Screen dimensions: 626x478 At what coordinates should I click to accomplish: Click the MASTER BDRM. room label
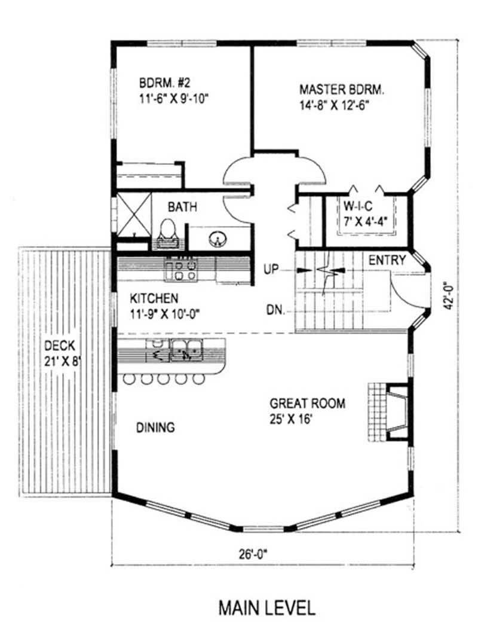coord(342,90)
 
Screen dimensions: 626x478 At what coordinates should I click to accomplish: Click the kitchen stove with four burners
coord(182,270)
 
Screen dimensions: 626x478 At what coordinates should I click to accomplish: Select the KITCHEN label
coord(154,297)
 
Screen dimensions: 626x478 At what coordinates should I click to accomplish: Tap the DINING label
coord(155,427)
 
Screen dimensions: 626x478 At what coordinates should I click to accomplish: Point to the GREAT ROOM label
coord(307,404)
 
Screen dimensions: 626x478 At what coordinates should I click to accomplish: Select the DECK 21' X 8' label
coord(62,353)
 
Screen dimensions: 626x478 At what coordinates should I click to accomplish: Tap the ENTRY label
coord(387,260)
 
